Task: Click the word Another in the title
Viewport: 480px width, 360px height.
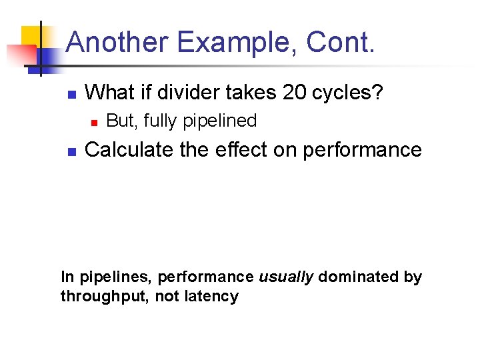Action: tap(116, 42)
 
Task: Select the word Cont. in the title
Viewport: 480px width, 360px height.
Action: tap(341, 42)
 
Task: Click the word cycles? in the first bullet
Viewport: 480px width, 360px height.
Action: tap(348, 92)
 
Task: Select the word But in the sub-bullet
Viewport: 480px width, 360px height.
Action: tap(119, 121)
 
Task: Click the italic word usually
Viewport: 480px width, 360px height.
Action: tap(285, 277)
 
